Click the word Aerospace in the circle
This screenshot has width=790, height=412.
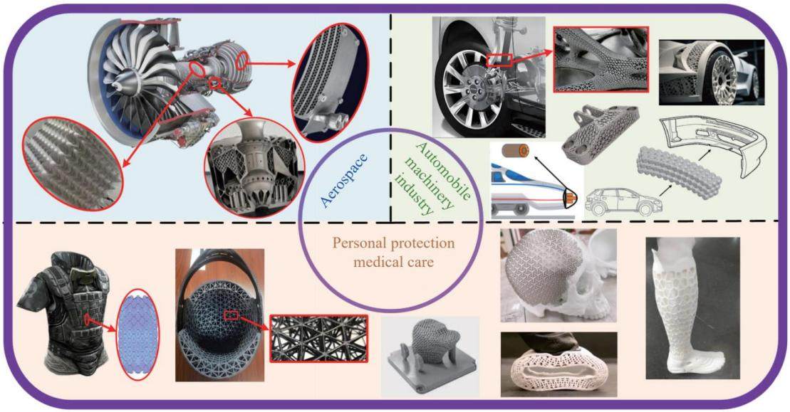(x=344, y=181)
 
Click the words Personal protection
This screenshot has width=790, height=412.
(x=393, y=243)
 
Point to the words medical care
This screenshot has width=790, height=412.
(x=393, y=262)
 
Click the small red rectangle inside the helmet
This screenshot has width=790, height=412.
(x=231, y=315)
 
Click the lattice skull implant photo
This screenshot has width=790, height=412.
(x=558, y=275)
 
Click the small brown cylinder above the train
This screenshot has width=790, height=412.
(x=516, y=150)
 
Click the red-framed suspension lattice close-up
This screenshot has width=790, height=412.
(x=601, y=59)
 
